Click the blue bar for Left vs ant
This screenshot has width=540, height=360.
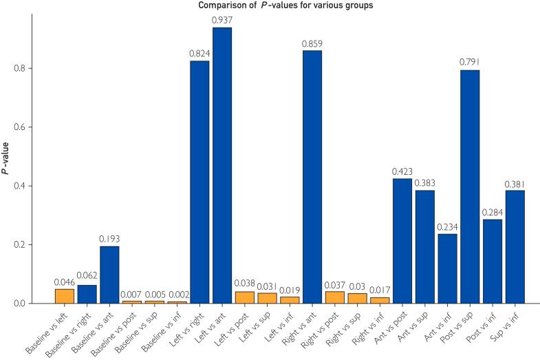(x=222, y=165)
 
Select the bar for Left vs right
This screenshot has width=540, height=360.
(x=199, y=182)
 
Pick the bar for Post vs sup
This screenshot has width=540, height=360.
(x=470, y=187)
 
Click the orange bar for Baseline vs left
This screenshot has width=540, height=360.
(x=64, y=296)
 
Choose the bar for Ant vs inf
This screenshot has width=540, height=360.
(x=447, y=268)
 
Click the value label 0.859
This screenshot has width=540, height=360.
(x=312, y=43)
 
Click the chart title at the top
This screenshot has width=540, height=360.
(x=270, y=6)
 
